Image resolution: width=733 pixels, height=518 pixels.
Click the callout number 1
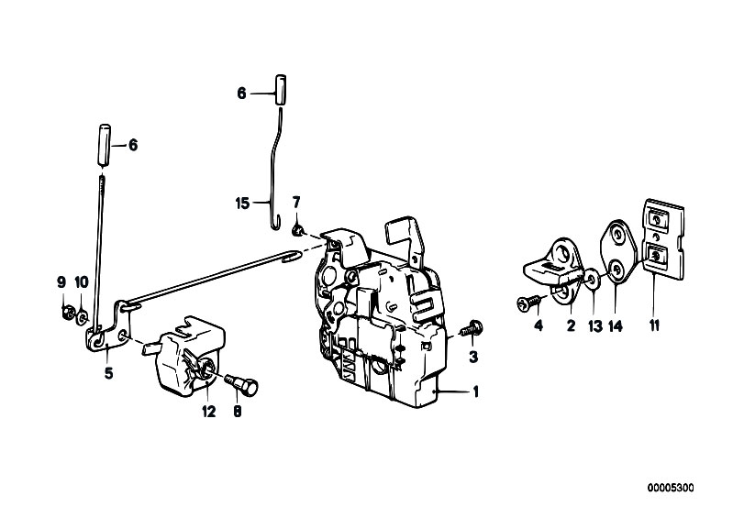coord(476,391)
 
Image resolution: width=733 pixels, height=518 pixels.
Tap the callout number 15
coord(242,204)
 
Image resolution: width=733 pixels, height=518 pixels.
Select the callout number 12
coord(209,412)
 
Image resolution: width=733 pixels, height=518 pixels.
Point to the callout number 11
coord(654,325)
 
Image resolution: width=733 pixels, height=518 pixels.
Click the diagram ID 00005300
coord(671,488)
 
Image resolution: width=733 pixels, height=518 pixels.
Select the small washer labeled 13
coord(593,280)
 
